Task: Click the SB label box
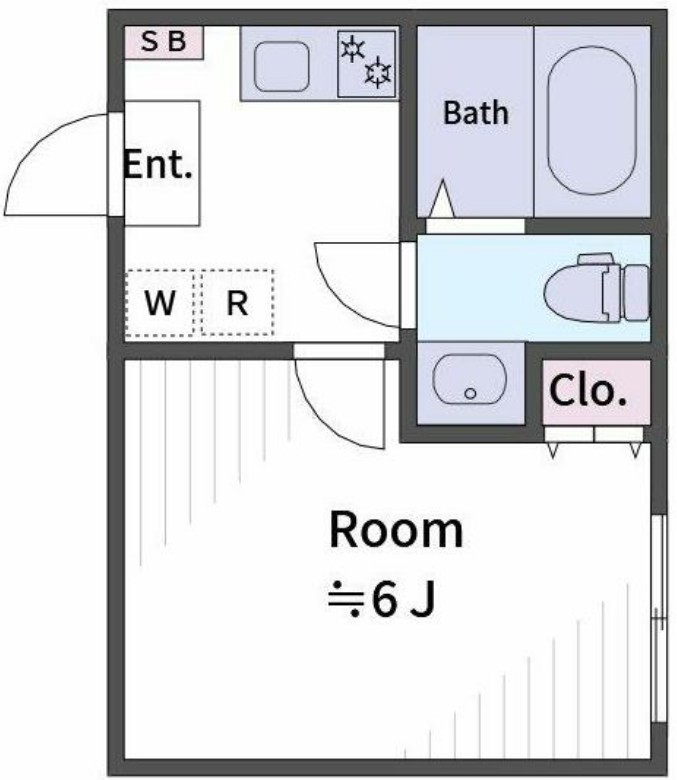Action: click(x=164, y=42)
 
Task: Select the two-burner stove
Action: click(x=366, y=63)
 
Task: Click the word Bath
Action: click(x=475, y=113)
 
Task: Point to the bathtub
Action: click(x=592, y=119)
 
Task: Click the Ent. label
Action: click(x=157, y=164)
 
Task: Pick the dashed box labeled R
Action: click(x=237, y=303)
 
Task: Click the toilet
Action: click(x=596, y=287)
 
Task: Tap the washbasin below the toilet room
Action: click(x=470, y=379)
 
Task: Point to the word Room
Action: click(x=396, y=530)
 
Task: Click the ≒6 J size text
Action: click(x=383, y=600)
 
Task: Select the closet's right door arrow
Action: click(x=634, y=450)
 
